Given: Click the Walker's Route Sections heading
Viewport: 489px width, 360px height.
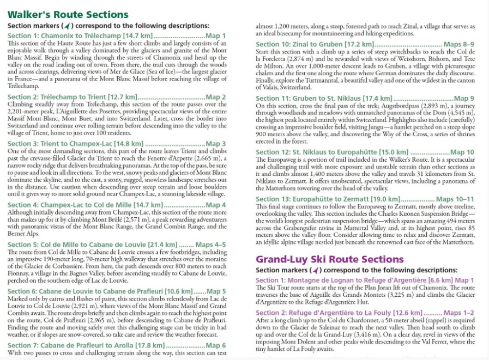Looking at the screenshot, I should click(68, 15).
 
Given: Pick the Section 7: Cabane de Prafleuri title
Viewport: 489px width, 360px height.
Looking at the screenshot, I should click(76, 345).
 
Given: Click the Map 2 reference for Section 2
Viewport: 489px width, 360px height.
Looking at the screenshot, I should click(215, 97).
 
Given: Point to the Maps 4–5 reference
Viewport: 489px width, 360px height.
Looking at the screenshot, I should click(210, 245).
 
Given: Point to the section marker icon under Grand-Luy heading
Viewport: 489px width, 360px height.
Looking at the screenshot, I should click(315, 270).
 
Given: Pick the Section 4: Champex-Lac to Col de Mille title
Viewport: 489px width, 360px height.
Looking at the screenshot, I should click(85, 205).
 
